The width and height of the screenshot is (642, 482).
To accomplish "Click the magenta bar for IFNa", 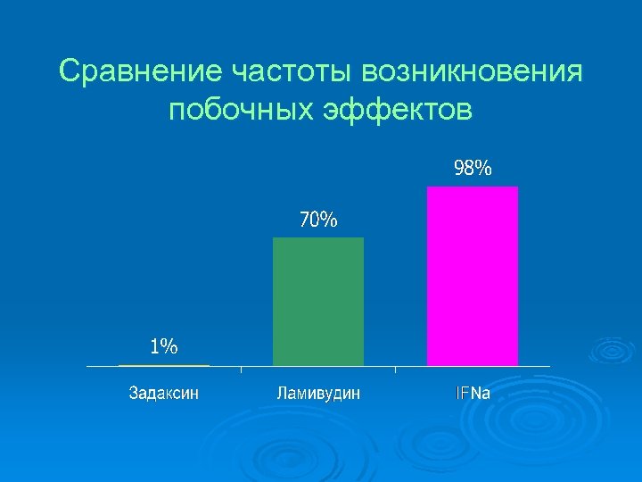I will (x=473, y=277).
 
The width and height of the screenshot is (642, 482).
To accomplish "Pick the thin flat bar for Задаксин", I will (x=164, y=365).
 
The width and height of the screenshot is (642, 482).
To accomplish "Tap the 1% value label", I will (x=164, y=346).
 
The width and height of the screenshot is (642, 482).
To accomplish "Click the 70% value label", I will (x=318, y=220).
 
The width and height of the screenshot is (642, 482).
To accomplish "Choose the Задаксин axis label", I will (x=164, y=393).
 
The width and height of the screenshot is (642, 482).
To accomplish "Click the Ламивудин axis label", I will (x=318, y=393).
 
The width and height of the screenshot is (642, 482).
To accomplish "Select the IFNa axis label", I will (x=473, y=393).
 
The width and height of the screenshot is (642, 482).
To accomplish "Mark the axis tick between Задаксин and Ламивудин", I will (x=242, y=369).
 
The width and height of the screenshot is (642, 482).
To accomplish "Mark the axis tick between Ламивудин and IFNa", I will (x=396, y=369).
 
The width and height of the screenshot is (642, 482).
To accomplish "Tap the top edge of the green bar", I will (x=318, y=238).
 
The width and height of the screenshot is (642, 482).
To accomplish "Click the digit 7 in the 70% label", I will (x=304, y=220).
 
